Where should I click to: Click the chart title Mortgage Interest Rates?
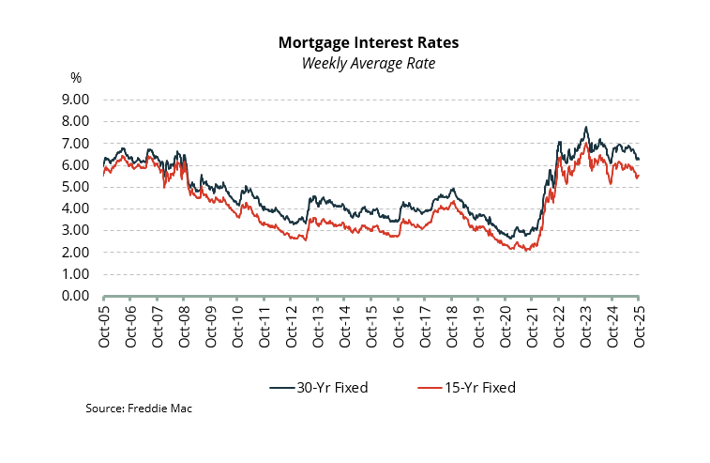click(368, 43)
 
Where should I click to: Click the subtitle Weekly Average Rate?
click(368, 63)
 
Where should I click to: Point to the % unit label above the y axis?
click(76, 78)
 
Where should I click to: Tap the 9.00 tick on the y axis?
click(76, 100)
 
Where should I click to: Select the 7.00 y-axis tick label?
click(76, 143)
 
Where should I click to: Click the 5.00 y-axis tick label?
click(76, 187)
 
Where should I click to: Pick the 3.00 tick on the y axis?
click(76, 230)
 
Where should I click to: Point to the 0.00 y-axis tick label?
click(76, 296)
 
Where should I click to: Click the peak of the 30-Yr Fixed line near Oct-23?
click(586, 127)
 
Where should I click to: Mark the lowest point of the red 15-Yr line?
click(525, 251)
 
